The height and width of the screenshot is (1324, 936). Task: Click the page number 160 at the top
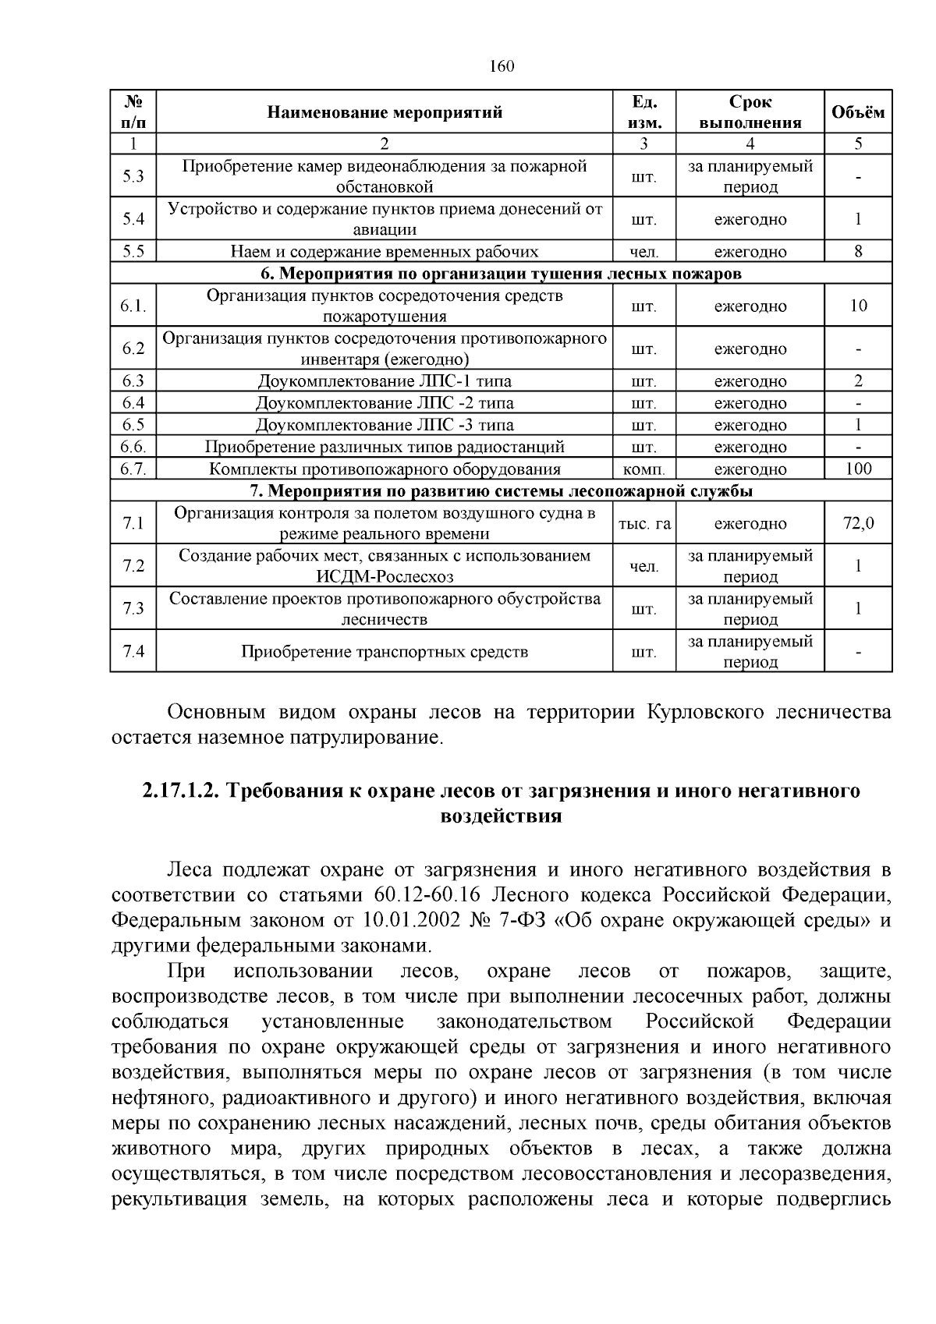click(x=502, y=66)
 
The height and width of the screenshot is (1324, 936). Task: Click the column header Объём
click(x=858, y=112)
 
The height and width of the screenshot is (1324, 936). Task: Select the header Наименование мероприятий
click(x=385, y=112)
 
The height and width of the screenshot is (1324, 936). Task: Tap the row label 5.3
click(x=133, y=176)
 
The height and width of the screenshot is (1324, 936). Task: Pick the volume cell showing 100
click(x=858, y=469)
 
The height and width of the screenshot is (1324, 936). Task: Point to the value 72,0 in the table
click(x=858, y=523)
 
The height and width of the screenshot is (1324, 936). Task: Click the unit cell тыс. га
click(x=643, y=524)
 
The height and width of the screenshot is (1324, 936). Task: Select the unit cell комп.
click(x=643, y=469)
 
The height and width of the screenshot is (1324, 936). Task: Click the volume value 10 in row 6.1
click(x=858, y=306)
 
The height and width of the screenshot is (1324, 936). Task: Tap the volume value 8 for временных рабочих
click(x=858, y=251)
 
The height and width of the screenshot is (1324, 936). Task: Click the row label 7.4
click(x=133, y=651)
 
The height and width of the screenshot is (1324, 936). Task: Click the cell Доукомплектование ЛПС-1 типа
click(x=385, y=381)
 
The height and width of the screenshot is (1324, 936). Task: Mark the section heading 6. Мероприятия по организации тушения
click(x=501, y=274)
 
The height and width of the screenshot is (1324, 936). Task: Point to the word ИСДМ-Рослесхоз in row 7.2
click(x=385, y=577)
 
